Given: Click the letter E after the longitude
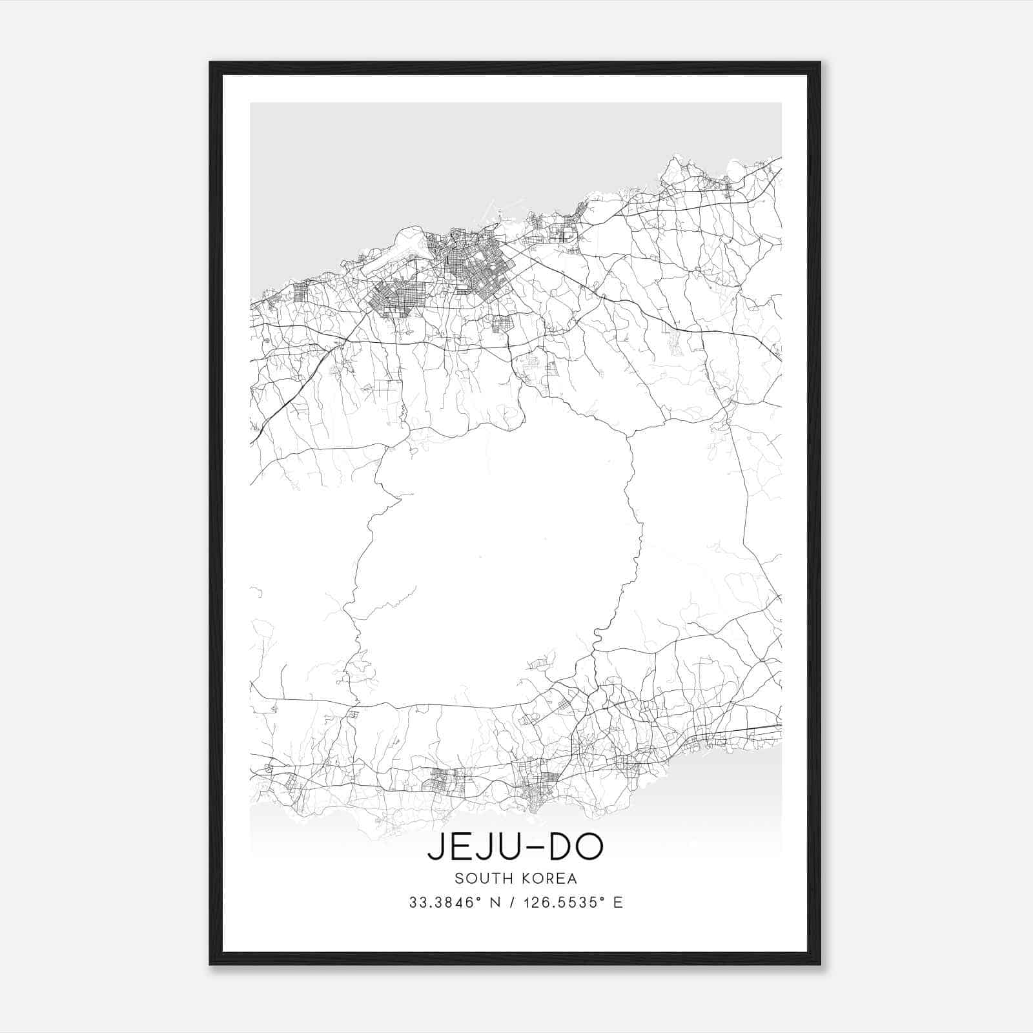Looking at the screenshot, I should click(x=619, y=903).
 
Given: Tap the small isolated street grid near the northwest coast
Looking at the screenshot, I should click(x=300, y=292).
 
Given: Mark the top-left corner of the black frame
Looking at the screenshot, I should click(x=211, y=63).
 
